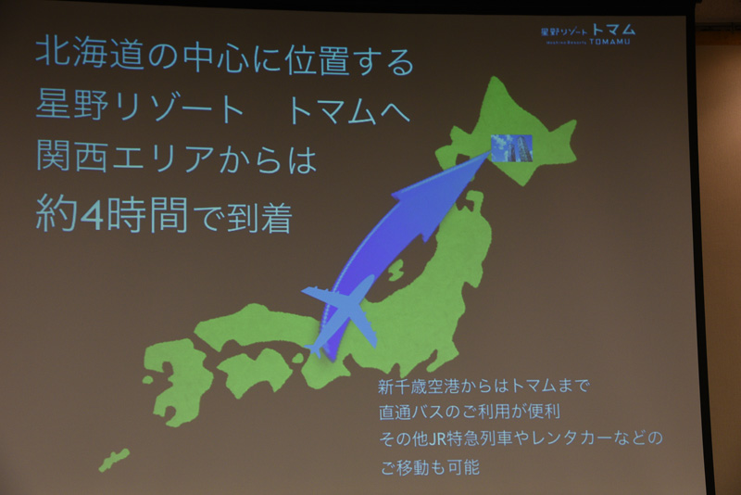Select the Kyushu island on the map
click(170, 380)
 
